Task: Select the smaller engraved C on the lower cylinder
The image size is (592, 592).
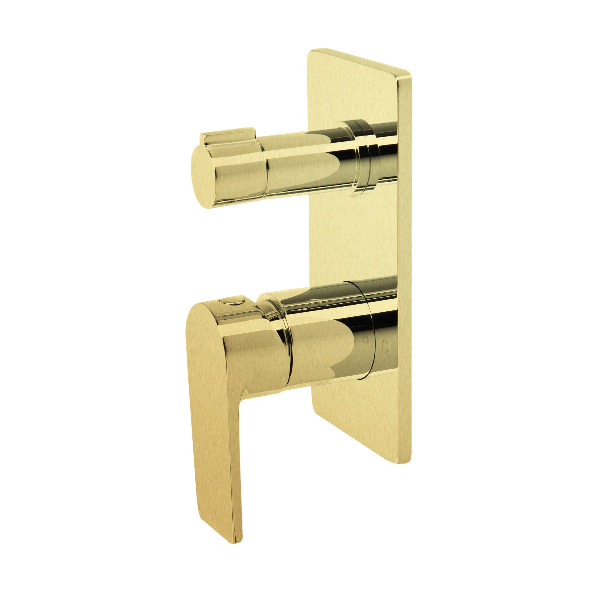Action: pyautogui.click(x=365, y=340)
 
